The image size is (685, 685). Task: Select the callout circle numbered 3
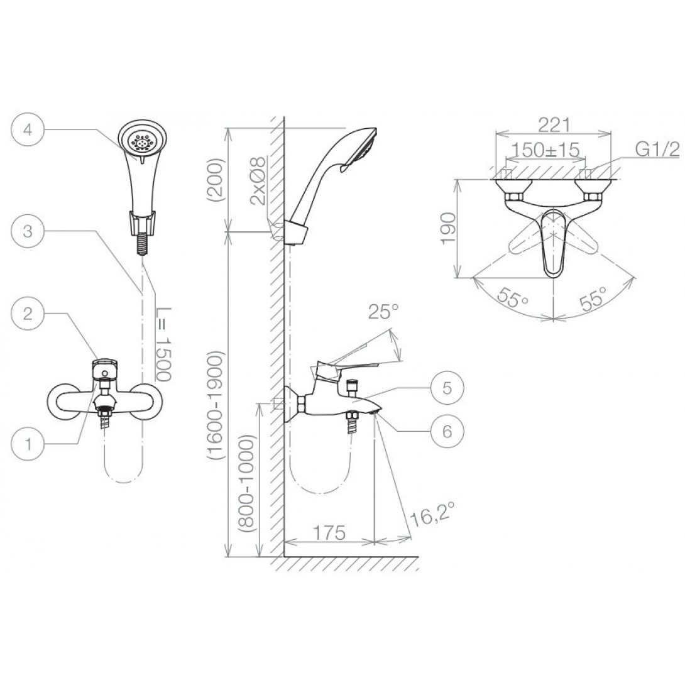click(x=27, y=231)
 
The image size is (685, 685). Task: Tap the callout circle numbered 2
click(x=27, y=314)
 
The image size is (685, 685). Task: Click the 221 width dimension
click(x=554, y=124)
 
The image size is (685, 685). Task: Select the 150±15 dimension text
click(x=543, y=151)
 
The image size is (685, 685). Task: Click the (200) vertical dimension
click(x=215, y=180)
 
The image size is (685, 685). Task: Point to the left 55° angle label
click(x=513, y=295)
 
